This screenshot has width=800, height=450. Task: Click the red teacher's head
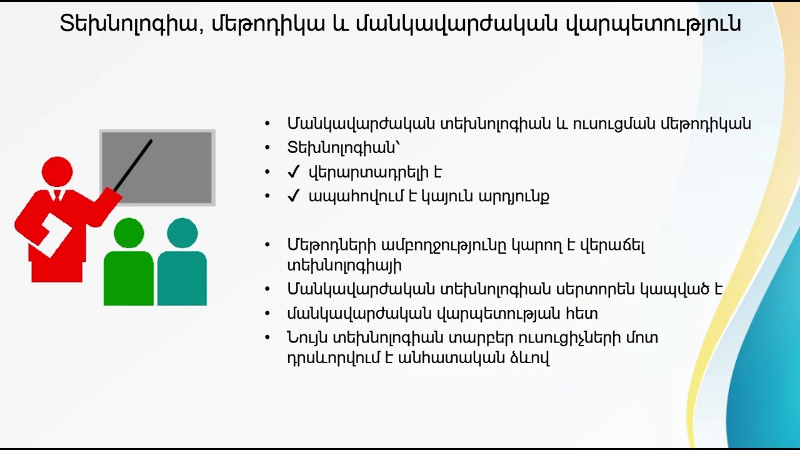[57, 171]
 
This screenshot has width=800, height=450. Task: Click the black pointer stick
[133, 165]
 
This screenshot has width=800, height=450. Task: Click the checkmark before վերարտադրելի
[294, 172]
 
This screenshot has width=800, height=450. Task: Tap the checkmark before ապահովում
[294, 196]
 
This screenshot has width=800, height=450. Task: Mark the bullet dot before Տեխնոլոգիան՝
[267, 148]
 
